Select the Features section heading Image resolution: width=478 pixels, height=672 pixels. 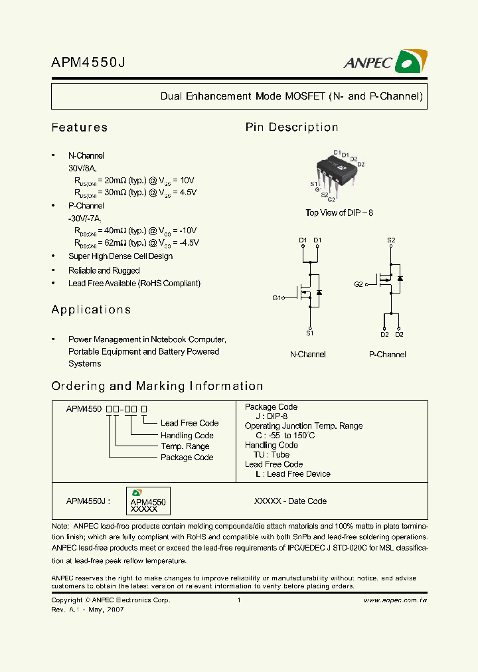(79, 127)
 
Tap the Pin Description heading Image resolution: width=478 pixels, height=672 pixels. (291, 127)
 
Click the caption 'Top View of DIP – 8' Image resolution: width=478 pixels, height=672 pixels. (339, 212)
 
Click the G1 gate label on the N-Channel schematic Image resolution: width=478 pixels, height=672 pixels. (277, 298)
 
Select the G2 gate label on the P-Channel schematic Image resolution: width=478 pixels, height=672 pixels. (358, 284)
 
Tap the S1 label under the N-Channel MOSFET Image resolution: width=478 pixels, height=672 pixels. (309, 333)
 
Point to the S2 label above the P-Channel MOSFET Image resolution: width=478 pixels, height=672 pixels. (391, 240)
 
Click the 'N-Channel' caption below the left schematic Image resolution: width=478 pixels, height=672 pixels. (307, 355)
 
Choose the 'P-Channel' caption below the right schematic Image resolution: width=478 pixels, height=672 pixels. (387, 355)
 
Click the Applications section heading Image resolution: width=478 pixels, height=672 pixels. (91, 310)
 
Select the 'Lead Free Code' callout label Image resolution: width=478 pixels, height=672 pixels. (189, 423)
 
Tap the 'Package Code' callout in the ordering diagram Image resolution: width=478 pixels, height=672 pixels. (187, 458)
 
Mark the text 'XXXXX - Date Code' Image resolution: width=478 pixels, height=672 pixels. (290, 501)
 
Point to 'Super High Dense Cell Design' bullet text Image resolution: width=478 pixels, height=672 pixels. (120, 256)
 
